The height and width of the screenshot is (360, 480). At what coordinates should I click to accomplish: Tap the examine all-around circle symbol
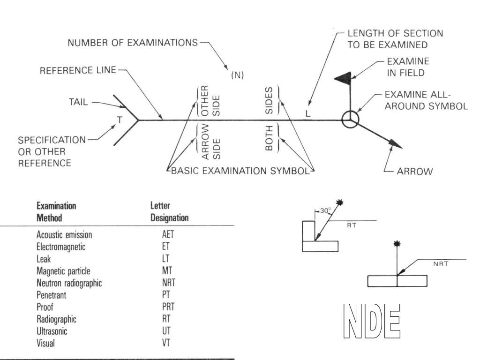click(350, 120)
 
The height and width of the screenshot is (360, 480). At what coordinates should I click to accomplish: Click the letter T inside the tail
click(120, 120)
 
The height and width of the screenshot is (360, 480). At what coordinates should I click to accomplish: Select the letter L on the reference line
click(307, 114)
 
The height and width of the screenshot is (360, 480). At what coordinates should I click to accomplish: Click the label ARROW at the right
click(415, 172)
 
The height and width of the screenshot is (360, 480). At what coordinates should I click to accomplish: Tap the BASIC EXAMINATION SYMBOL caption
click(240, 171)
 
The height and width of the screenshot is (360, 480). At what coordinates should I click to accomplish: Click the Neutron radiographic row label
click(69, 283)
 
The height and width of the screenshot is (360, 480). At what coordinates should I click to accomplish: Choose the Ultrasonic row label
click(53, 331)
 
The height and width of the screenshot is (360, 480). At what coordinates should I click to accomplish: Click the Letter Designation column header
click(169, 212)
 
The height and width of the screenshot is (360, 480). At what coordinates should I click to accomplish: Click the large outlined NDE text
click(372, 321)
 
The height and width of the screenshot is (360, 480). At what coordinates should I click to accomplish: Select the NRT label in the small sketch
click(441, 264)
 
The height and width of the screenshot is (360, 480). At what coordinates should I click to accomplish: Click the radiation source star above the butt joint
click(397, 244)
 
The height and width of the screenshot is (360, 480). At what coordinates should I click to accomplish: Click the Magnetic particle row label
click(63, 271)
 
